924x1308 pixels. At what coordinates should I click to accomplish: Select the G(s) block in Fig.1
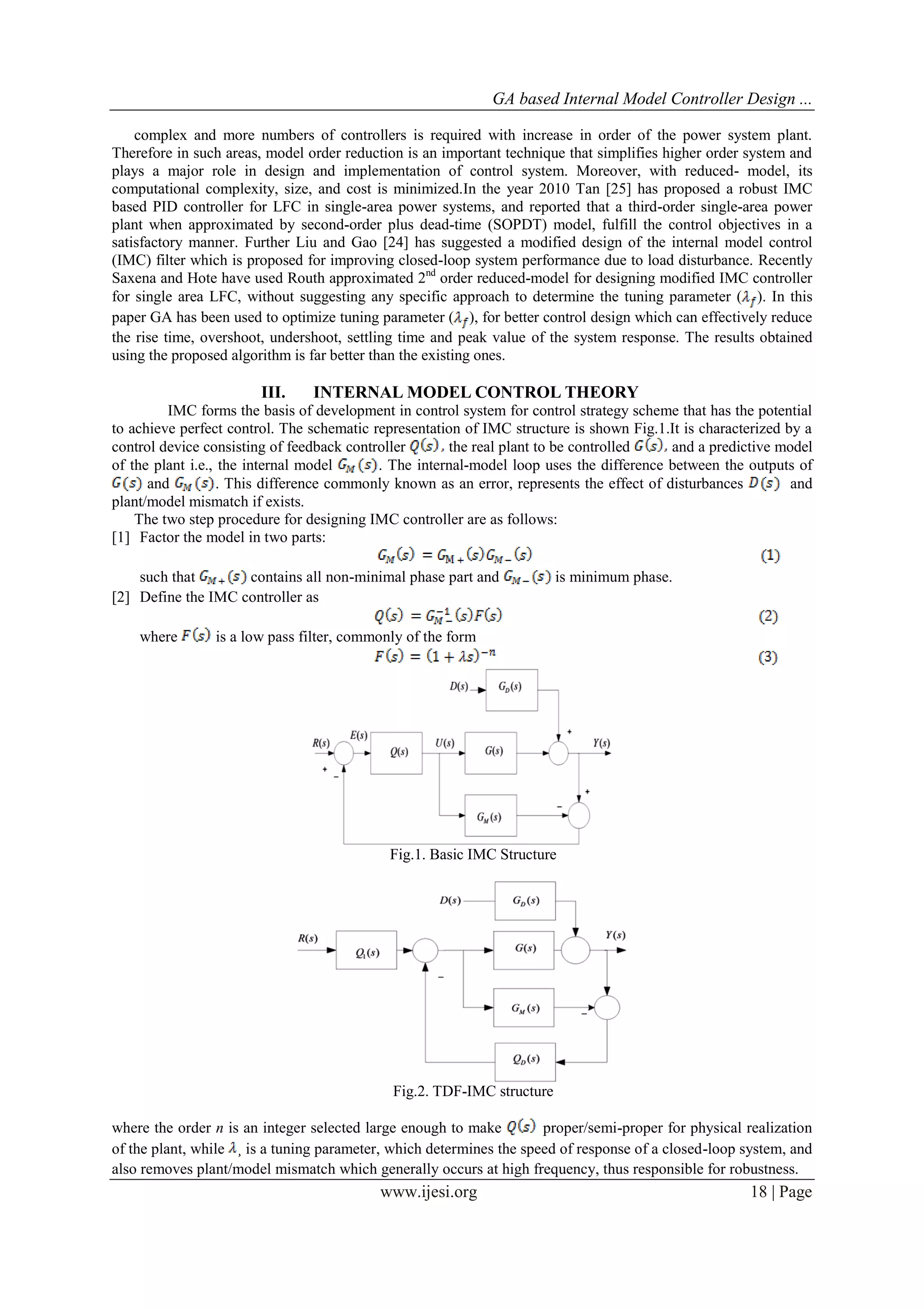point(491,753)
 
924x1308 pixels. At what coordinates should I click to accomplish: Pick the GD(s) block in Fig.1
point(511,689)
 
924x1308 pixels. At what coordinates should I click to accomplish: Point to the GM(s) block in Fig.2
point(524,1007)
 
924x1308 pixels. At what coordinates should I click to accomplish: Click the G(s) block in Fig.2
point(524,950)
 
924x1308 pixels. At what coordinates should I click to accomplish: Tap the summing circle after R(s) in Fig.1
point(344,753)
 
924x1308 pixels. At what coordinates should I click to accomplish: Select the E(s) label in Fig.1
point(359,735)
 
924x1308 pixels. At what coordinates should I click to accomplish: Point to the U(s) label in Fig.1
point(445,742)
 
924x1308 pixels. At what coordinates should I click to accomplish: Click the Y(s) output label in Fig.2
point(615,935)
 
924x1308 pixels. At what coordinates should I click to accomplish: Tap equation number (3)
point(768,657)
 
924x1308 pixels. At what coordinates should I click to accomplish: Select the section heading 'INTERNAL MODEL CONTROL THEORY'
point(476,392)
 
